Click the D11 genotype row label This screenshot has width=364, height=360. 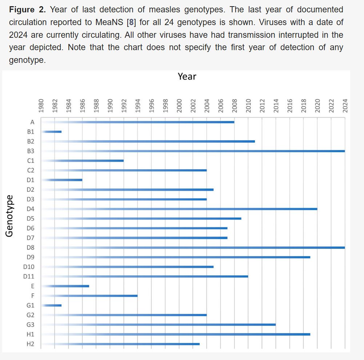29,276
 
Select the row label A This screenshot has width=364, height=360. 32,122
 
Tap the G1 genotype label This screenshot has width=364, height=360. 31,305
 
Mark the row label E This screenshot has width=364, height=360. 33,286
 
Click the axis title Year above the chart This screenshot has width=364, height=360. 187,77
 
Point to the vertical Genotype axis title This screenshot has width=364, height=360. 10,216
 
